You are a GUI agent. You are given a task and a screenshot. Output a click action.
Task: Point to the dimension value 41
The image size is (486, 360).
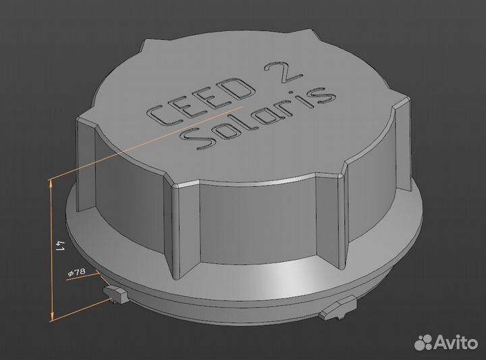point(59,245)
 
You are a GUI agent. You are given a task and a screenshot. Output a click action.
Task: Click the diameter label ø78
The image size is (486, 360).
point(76,272)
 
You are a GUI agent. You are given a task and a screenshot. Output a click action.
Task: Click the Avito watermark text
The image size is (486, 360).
point(456,342)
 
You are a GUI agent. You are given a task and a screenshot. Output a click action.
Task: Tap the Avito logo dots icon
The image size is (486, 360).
point(424,342)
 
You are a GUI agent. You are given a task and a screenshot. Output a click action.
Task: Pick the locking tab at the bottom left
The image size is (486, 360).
point(115,294)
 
